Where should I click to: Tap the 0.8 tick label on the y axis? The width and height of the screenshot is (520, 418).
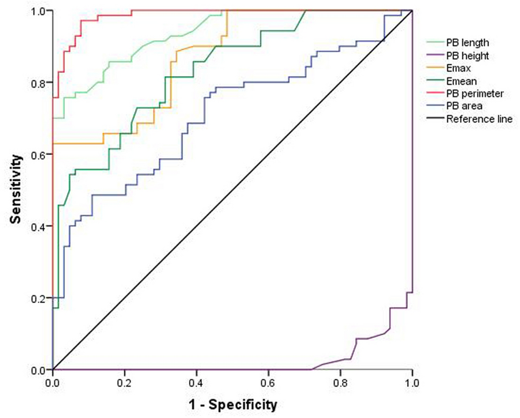[x=39, y=83]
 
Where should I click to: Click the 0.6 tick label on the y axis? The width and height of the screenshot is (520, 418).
[x=39, y=154]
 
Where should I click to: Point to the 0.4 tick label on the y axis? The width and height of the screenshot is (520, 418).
[x=39, y=226]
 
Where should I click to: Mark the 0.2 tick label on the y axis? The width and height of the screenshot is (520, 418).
[x=39, y=298]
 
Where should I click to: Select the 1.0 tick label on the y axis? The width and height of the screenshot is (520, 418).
[x=39, y=11]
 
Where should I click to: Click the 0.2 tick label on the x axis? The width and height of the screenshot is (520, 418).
[x=124, y=382]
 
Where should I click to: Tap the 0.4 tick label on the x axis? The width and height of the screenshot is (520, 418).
[x=196, y=382]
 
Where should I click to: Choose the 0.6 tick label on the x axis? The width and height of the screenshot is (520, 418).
[x=268, y=382]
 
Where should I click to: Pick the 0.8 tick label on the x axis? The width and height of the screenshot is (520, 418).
[x=340, y=382]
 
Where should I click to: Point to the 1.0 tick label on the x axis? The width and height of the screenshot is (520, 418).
[x=411, y=382]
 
